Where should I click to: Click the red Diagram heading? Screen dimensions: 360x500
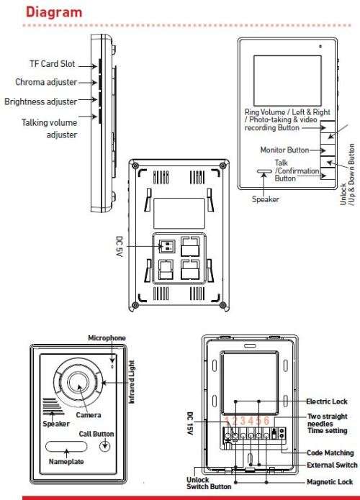(x=54, y=12)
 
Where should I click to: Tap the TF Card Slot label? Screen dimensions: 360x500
(x=53, y=64)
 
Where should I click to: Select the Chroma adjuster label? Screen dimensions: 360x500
(x=46, y=82)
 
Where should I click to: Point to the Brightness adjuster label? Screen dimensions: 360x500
(x=41, y=101)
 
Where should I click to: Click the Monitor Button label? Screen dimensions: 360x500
(x=284, y=150)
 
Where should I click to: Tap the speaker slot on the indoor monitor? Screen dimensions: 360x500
(x=264, y=171)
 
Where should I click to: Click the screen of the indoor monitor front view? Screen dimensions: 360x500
(x=287, y=81)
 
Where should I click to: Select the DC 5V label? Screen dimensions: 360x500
(x=119, y=247)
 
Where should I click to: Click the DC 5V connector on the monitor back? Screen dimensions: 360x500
(x=166, y=246)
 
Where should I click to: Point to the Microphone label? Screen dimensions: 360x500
(x=107, y=338)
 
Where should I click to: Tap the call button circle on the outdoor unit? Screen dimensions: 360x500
(x=104, y=445)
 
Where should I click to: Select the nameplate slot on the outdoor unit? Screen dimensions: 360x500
(x=66, y=447)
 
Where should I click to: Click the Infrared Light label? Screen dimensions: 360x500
(x=132, y=382)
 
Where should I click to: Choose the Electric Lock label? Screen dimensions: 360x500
(x=327, y=401)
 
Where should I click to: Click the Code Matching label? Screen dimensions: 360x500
(x=330, y=453)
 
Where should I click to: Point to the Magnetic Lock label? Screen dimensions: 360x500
(x=330, y=482)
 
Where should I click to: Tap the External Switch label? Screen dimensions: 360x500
(x=332, y=465)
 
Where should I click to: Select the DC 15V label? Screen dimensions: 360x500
(x=190, y=424)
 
